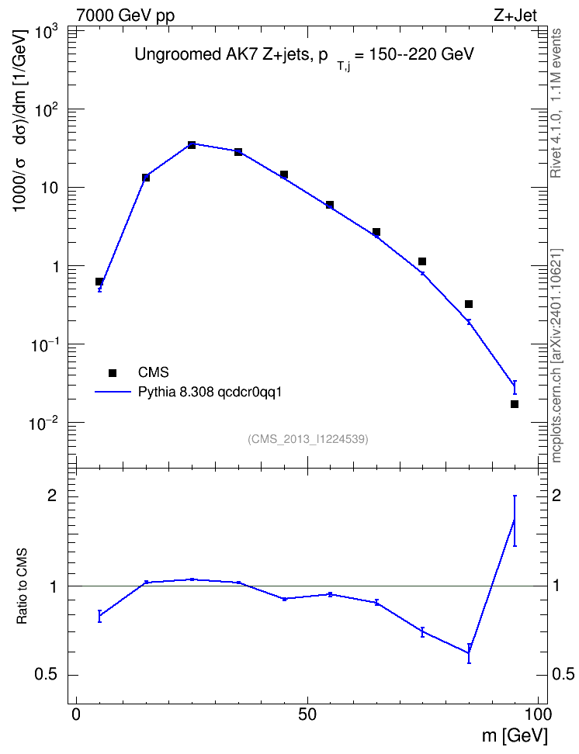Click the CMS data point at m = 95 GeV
tap(515, 404)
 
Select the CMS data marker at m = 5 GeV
tap(99, 282)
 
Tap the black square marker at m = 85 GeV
tap(468, 304)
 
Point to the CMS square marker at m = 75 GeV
tap(422, 261)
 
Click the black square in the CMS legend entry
tap(113, 372)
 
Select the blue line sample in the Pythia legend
tap(113, 392)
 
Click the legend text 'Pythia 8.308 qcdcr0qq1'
tap(210, 392)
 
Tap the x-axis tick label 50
tap(307, 714)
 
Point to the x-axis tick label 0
tap(76, 714)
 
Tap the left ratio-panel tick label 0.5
tap(46, 675)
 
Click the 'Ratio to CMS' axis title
tap(22, 586)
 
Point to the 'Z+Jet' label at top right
tap(515, 16)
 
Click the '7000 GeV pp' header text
tap(125, 16)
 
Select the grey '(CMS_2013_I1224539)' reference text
tap(308, 439)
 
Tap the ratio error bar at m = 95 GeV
tap(515, 521)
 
